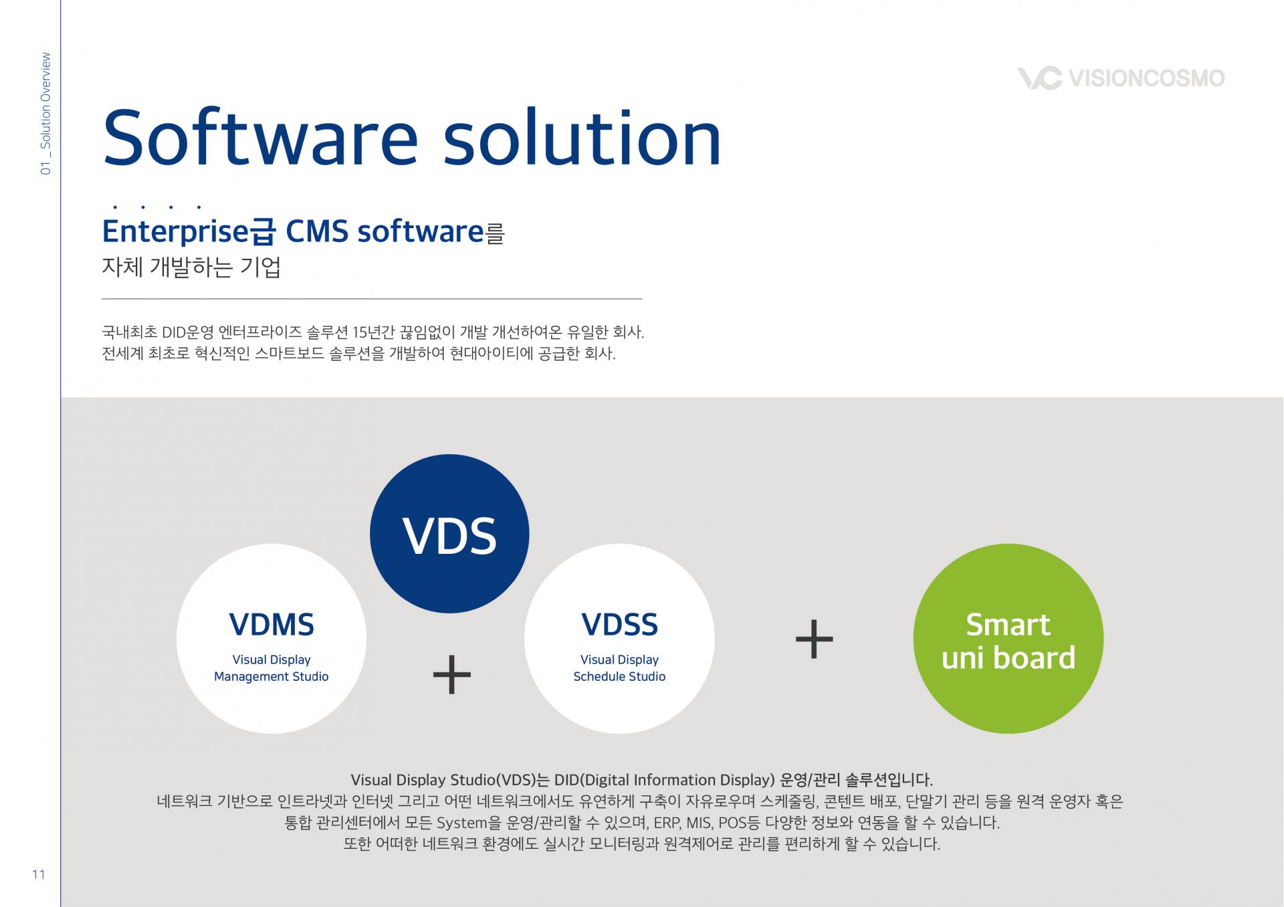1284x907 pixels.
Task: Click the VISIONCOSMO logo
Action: [1121, 78]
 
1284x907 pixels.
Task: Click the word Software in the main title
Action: [260, 138]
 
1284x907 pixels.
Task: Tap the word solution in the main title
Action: [582, 138]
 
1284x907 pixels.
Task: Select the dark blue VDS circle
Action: [449, 534]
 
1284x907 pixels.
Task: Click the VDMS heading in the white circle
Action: [272, 625]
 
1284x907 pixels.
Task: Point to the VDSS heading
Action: [619, 625]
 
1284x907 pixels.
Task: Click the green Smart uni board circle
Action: [1008, 639]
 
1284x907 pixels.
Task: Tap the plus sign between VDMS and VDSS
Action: [452, 674]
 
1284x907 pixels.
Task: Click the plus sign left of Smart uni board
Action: [814, 639]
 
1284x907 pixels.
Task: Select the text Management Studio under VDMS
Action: [272, 677]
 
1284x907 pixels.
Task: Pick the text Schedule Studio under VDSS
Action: [619, 677]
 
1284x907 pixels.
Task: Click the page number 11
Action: [39, 875]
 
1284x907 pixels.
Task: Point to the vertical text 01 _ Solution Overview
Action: [45, 114]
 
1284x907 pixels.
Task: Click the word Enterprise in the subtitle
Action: [175, 232]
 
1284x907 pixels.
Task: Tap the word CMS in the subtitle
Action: [317, 232]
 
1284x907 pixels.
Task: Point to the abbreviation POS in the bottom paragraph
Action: [732, 823]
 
